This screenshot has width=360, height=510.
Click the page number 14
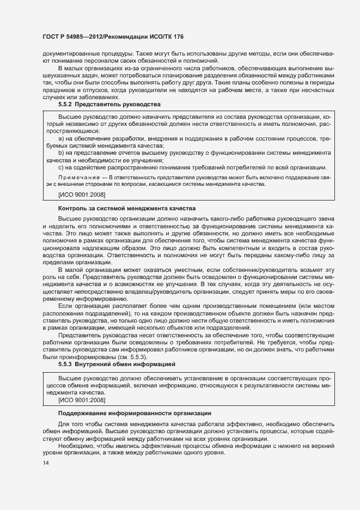[x=45, y=463]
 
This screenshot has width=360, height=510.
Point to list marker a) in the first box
[x=61, y=139]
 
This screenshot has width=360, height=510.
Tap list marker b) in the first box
[x=61, y=153]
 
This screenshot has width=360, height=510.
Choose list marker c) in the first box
[x=61, y=167]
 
